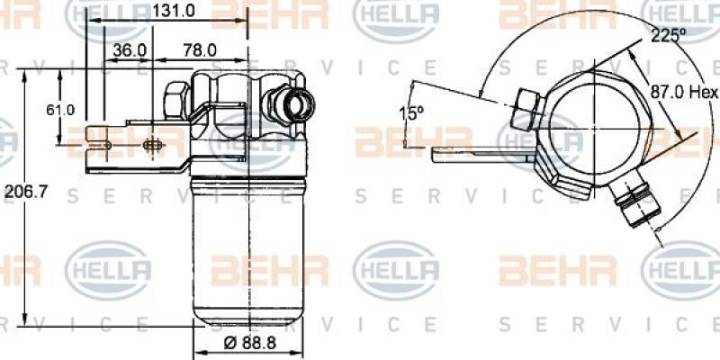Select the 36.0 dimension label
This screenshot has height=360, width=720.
(x=130, y=50)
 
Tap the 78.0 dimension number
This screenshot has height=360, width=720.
(x=199, y=50)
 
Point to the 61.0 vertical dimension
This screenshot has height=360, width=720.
(x=60, y=110)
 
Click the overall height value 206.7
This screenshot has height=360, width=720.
(x=22, y=192)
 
